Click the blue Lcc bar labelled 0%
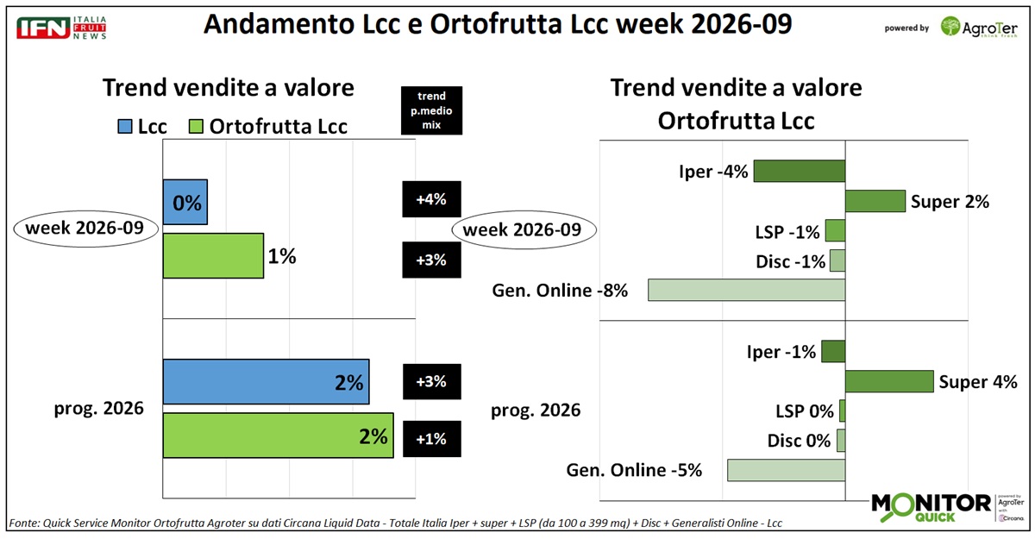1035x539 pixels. coord(185,203)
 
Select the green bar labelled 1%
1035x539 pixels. coord(213,256)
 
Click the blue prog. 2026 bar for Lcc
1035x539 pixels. coord(267,381)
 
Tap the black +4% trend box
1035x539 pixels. coord(431,200)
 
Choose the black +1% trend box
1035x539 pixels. coord(431,438)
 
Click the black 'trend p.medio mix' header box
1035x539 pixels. coord(431,110)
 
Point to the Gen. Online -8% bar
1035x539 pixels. coord(746,290)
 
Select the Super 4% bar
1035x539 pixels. coord(889,381)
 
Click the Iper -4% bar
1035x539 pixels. coord(799,171)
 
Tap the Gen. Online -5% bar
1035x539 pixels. coord(786,470)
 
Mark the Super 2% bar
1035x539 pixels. coord(875,201)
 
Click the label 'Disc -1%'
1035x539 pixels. coord(794,261)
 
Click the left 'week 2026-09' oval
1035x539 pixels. coord(85,229)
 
